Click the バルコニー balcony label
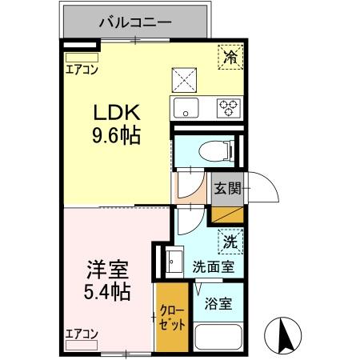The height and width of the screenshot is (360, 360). point(134,22)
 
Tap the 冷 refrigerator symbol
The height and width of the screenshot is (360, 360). point(230,57)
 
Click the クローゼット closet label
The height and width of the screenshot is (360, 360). point(172,318)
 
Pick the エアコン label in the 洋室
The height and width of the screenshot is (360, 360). point(82,334)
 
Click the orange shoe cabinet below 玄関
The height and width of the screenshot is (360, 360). point(226,213)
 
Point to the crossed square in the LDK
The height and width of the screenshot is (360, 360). point(184,78)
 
